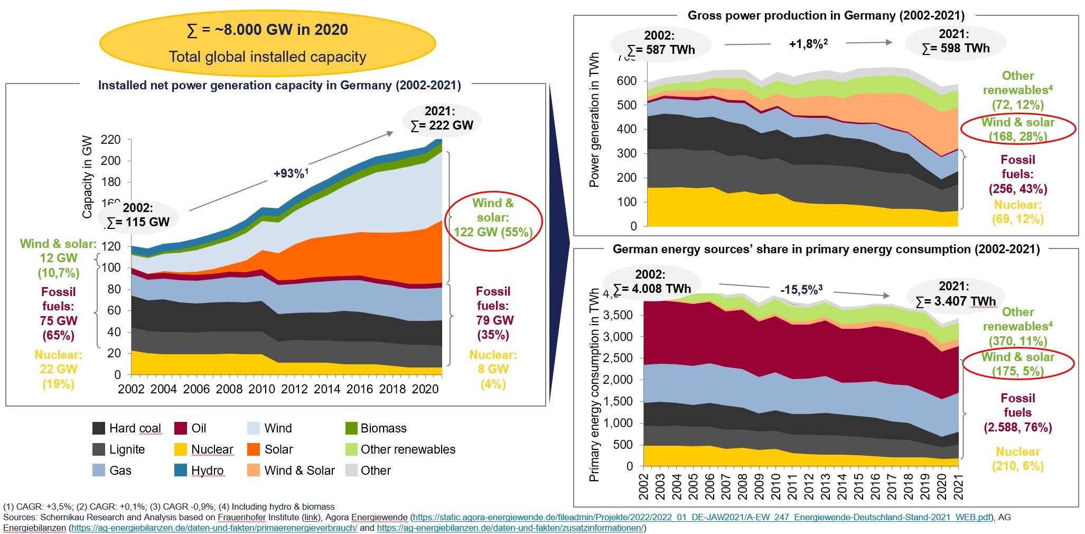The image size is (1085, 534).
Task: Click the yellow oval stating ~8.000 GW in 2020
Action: pyautogui.click(x=267, y=43)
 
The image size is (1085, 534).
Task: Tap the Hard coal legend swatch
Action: pyautogui.click(x=99, y=428)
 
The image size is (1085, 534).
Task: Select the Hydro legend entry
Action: pyautogui.click(x=199, y=471)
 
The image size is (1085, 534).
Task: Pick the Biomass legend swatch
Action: pyautogui.click(x=351, y=428)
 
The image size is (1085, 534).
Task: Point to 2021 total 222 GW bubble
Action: pyautogui.click(x=442, y=118)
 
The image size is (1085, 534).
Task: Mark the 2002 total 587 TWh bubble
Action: pyautogui.click(x=660, y=43)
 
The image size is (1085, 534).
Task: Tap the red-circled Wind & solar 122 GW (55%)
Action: pyautogui.click(x=493, y=217)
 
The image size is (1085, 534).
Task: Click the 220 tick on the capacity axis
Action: pyautogui.click(x=110, y=140)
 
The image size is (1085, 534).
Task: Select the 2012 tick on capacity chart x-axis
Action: pyautogui.click(x=294, y=389)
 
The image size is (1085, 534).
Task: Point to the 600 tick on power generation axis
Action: pyautogui.click(x=626, y=81)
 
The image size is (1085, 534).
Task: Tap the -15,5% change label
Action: pyautogui.click(x=801, y=290)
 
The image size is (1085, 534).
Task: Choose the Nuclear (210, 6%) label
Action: pyautogui.click(x=1017, y=458)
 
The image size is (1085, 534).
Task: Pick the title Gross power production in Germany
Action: pyautogui.click(x=826, y=15)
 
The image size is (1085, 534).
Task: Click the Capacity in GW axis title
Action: pyautogui.click(x=87, y=177)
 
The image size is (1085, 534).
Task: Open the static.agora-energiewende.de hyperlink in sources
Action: pyautogui.click(x=700, y=518)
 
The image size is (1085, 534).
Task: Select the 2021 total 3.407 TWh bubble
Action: pyautogui.click(x=955, y=294)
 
